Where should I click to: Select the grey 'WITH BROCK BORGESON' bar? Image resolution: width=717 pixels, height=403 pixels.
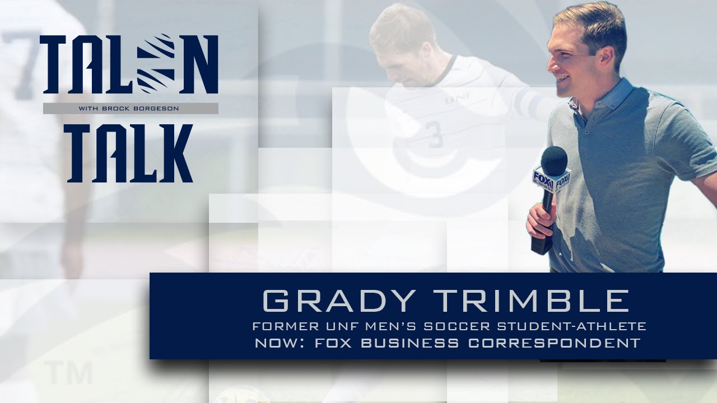131,109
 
